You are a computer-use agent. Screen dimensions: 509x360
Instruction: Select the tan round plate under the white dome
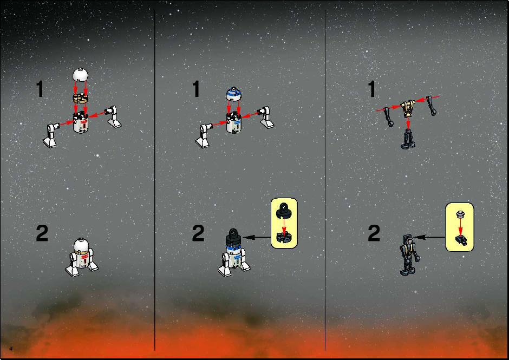coord(81,97)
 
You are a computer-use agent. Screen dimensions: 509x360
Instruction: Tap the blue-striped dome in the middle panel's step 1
coord(234,93)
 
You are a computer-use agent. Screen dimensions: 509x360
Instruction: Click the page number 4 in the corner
coord(11,349)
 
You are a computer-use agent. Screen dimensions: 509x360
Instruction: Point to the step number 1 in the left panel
coord(40,89)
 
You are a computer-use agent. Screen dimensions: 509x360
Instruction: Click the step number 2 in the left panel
coord(42,233)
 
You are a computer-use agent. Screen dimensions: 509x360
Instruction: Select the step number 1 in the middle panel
coord(195,89)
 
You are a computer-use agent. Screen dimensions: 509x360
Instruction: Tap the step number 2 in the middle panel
coord(198,233)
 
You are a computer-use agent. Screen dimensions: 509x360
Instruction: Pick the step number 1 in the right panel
coord(371,89)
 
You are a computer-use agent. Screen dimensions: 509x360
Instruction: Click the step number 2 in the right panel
coord(374,233)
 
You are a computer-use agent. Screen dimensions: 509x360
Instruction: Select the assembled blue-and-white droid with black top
coord(234,253)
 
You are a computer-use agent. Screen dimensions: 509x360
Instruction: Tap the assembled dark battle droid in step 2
coord(409,255)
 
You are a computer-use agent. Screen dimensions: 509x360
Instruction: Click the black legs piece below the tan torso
coord(408,139)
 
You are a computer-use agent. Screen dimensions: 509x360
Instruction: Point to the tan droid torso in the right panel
coord(408,109)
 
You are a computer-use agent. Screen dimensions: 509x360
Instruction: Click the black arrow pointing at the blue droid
coord(257,238)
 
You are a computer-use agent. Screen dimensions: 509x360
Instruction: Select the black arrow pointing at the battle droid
coord(429,237)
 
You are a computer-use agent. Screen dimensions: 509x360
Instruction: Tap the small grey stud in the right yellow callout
coord(459,214)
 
